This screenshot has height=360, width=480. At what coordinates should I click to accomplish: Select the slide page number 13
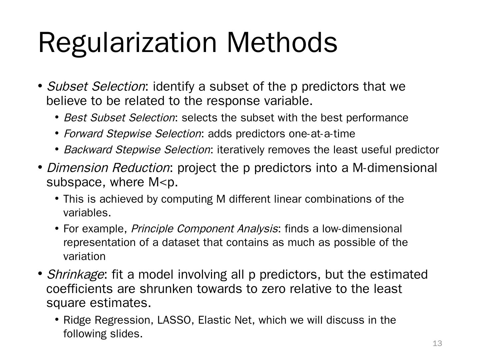[437, 343]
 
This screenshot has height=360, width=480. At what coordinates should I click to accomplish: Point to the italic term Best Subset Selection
[119, 118]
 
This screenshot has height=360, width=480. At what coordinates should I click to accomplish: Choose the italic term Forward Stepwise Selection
[132, 134]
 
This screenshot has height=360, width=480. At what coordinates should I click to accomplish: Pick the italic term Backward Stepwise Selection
[137, 150]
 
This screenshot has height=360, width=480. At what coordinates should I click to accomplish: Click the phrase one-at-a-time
[322, 134]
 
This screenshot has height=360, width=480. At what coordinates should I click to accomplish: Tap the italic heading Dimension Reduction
[108, 168]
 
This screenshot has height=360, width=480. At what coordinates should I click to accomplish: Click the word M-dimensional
[395, 168]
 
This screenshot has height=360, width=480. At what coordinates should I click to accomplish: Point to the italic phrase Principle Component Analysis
[204, 229]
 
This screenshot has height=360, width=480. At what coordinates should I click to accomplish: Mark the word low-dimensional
[362, 229]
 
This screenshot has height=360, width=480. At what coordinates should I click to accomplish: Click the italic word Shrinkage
[75, 275]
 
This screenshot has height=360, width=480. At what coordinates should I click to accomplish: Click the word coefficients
[80, 289]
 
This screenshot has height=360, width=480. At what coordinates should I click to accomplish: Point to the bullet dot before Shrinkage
[40, 274]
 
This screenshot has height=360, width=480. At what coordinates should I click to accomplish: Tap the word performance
[377, 118]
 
